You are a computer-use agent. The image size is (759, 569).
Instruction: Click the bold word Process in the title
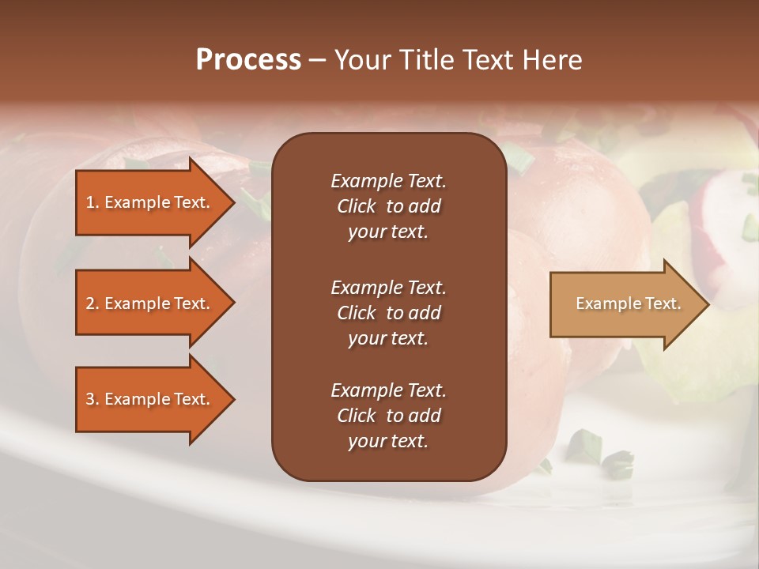point(248,60)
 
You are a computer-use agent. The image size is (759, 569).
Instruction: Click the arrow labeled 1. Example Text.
point(150,202)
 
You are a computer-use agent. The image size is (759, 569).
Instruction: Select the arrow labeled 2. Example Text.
point(150,303)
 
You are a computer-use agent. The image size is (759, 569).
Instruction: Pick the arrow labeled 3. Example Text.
point(150,399)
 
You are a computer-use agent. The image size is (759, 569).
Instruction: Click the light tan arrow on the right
point(625,304)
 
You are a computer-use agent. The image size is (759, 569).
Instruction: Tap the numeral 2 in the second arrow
point(90,303)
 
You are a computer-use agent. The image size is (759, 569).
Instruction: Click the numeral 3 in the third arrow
point(90,399)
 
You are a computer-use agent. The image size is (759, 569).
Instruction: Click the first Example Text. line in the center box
point(388,181)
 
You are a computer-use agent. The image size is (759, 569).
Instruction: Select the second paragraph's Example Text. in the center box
point(388,288)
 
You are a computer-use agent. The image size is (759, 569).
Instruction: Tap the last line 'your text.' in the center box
point(388,442)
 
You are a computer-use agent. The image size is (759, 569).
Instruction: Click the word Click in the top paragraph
point(356,206)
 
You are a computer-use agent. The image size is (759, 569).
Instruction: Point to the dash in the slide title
point(317,61)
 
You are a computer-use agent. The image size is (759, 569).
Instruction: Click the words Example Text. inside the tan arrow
point(628,303)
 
